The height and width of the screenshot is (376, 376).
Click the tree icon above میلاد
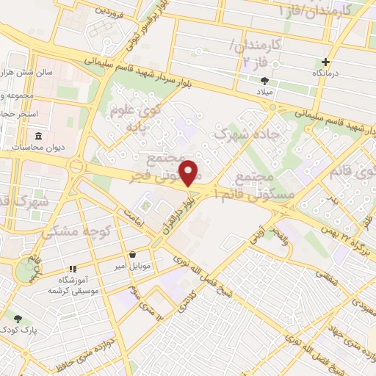pyautogui.click(x=264, y=82)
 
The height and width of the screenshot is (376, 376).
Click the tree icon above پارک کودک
pyautogui.click(x=18, y=319)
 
